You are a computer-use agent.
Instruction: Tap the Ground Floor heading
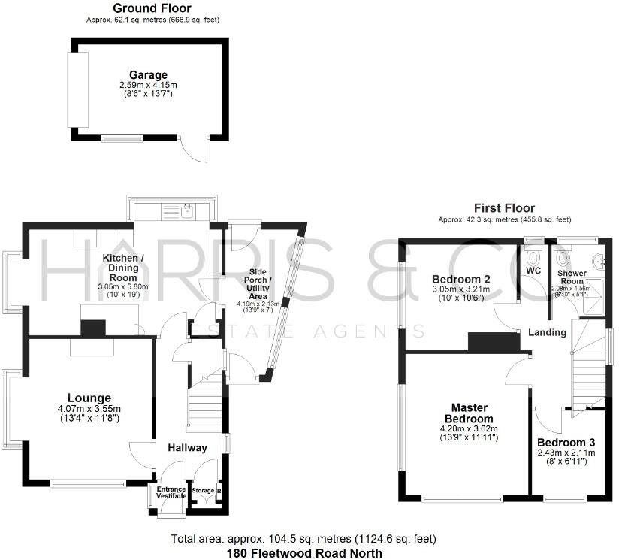click(x=152, y=9)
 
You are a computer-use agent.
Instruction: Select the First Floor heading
click(x=504, y=208)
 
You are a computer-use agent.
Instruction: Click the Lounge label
click(x=89, y=398)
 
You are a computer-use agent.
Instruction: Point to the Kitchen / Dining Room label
click(x=123, y=268)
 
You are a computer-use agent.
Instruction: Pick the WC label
click(x=534, y=270)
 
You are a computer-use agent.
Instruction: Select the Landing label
click(x=547, y=332)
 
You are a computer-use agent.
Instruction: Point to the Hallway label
click(x=187, y=448)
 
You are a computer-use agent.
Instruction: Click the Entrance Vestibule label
click(x=170, y=492)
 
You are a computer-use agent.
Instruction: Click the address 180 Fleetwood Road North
click(x=304, y=553)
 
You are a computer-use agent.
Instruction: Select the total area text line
click(x=303, y=539)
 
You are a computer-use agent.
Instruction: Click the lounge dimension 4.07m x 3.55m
click(x=89, y=409)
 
